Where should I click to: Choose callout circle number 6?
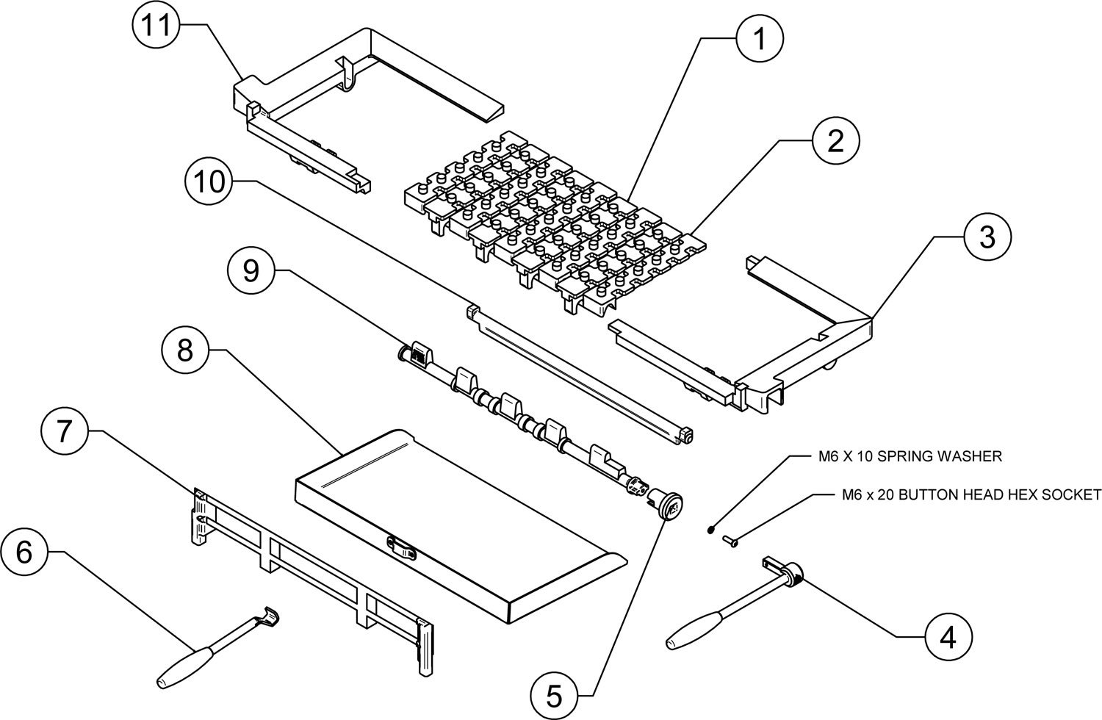click(24, 552)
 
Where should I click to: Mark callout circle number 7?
click(65, 431)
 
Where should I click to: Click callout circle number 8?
click(184, 351)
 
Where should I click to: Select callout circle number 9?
click(251, 272)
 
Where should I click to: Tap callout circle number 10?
click(209, 182)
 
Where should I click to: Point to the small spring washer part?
click(711, 528)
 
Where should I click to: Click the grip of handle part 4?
click(694, 632)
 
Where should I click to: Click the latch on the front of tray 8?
click(401, 546)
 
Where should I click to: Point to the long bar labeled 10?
click(580, 375)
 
